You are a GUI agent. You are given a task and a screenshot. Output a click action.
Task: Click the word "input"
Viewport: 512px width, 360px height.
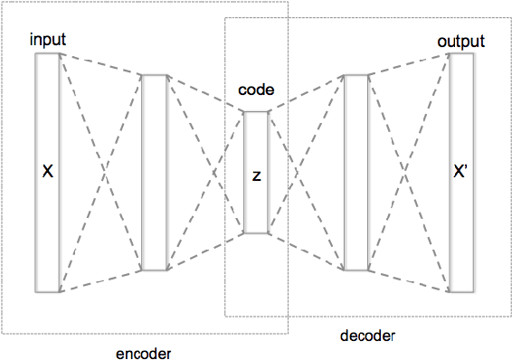click(x=47, y=41)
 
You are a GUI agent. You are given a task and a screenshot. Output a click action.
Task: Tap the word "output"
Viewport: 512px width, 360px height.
click(x=460, y=42)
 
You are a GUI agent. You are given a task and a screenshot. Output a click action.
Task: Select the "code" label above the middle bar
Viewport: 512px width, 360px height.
click(x=255, y=91)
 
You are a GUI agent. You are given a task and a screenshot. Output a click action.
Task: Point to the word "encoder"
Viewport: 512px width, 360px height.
click(x=144, y=352)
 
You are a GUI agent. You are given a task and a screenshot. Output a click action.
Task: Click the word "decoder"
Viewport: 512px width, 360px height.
click(x=367, y=336)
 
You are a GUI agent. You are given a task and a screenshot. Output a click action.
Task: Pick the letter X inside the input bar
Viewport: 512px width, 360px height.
click(x=47, y=172)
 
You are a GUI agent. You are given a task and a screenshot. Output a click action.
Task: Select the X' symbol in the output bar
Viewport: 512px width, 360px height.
click(x=460, y=172)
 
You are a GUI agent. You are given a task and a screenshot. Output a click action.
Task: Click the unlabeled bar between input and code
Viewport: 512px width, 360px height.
click(x=155, y=172)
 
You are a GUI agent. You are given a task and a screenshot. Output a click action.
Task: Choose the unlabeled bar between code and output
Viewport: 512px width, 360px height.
click(x=356, y=172)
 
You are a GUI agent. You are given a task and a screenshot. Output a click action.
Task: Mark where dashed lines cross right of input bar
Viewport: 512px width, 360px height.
click(x=100, y=172)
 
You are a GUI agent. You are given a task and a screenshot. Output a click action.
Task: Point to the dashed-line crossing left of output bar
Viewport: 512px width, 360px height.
click(x=409, y=172)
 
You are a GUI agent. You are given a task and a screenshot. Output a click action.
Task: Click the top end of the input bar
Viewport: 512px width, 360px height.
click(x=47, y=54)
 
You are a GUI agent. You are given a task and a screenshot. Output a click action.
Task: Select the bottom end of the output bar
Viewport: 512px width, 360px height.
click(x=461, y=291)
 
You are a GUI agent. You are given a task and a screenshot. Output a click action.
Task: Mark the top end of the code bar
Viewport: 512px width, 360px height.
click(x=256, y=112)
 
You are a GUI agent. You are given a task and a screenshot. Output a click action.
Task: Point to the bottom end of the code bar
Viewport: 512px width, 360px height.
click(x=256, y=232)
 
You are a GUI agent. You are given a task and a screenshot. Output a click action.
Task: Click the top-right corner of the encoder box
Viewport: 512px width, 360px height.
click(x=288, y=2)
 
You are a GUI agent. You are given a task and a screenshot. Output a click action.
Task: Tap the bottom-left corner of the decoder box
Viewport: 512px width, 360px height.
click(x=225, y=317)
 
